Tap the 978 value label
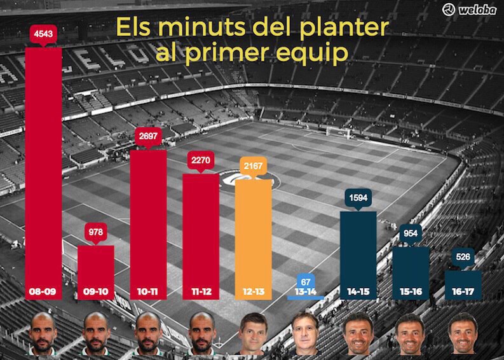coord(95,232)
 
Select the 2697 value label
coord(147,136)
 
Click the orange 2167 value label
coord(253,166)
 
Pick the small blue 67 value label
coord(306,282)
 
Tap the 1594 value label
coord(358,198)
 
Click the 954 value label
coord(411,233)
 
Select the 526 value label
coord(463,258)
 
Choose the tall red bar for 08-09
coord(43,165)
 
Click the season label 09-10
coord(95,292)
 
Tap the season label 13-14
coord(306,292)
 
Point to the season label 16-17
coord(463,292)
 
